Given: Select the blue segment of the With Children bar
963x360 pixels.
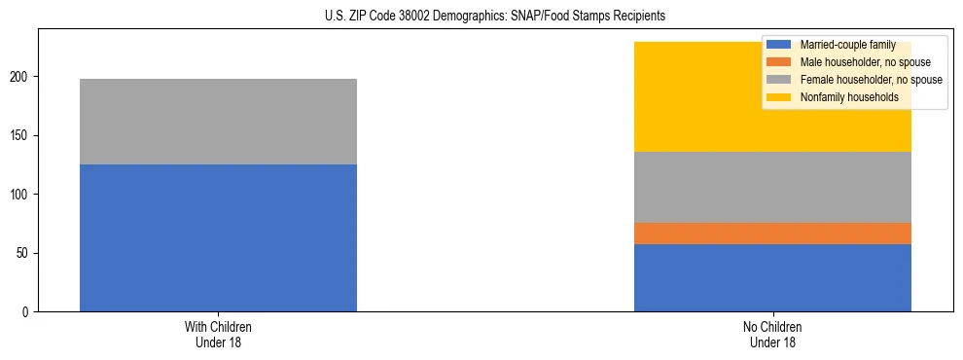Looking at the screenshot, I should click(x=218, y=237).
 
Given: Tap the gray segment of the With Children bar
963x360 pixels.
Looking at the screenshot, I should click(x=218, y=122).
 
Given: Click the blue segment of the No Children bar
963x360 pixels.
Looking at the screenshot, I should click(x=772, y=277).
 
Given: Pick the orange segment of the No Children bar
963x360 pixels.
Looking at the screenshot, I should click(x=772, y=234).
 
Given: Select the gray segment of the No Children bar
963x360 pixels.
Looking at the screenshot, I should click(x=772, y=187).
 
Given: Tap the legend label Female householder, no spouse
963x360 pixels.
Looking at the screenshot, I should click(x=870, y=80).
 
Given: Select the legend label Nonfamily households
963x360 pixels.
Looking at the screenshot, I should click(x=848, y=97).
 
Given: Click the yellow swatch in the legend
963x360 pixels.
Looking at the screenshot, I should click(x=779, y=97).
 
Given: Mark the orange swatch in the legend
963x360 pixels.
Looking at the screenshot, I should click(x=779, y=62).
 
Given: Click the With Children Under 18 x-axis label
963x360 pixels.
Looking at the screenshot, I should click(x=218, y=335).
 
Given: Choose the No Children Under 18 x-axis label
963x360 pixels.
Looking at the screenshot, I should click(x=772, y=335).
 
